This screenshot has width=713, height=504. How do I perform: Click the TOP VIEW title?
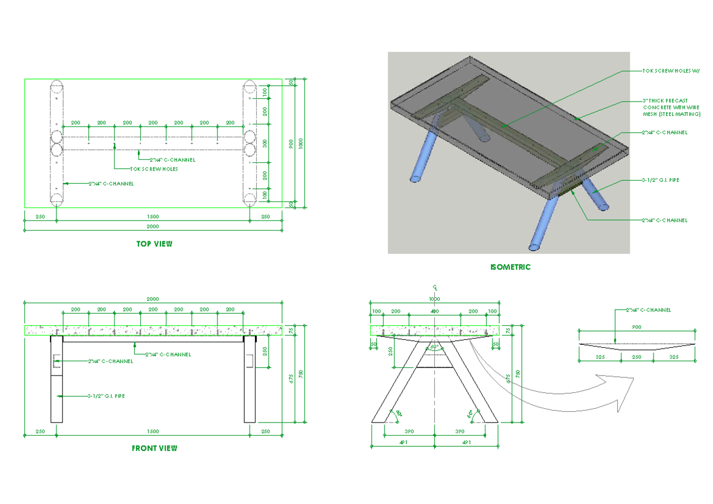point(154,244)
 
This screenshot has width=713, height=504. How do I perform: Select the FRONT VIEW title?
point(154,448)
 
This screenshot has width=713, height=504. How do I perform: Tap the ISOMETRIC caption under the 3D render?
point(510,267)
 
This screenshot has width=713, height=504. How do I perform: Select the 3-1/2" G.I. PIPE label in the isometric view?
point(660,179)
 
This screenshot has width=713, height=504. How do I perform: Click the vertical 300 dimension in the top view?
point(265,143)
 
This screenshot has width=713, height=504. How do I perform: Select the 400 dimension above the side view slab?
point(434,311)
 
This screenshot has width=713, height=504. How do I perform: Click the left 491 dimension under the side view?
point(402,442)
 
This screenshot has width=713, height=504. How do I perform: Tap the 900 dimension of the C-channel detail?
point(636,327)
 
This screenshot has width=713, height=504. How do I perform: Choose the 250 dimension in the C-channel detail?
point(636,357)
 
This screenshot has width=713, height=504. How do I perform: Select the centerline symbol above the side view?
point(435,286)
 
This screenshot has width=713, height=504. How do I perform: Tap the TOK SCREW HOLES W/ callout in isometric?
point(671,70)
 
